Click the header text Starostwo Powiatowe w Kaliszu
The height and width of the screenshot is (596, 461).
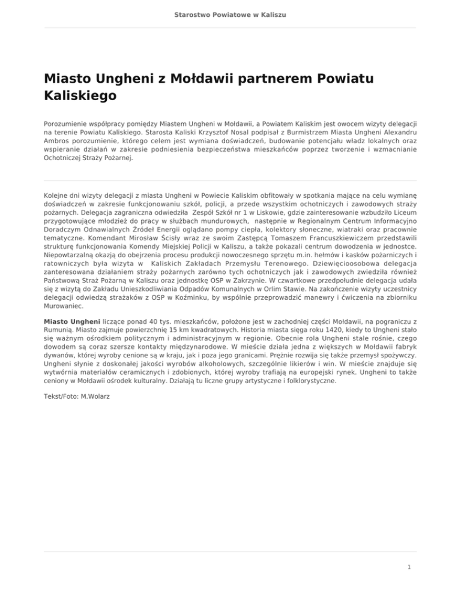coord(230,13)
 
